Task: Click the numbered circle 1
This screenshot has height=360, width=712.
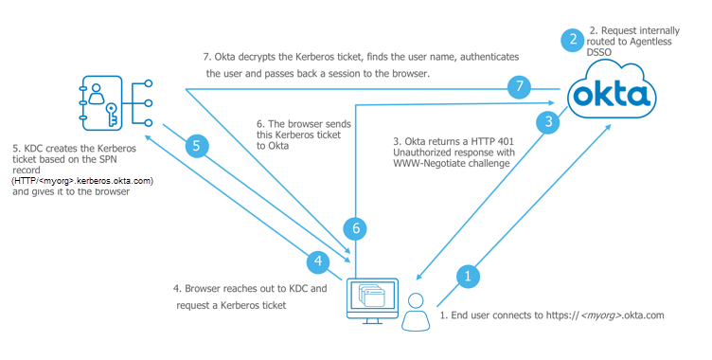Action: [468, 276]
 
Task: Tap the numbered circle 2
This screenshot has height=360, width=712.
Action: [573, 40]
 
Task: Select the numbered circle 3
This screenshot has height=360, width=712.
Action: [548, 121]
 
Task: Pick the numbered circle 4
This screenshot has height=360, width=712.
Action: [318, 261]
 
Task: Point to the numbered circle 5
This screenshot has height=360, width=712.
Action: [197, 146]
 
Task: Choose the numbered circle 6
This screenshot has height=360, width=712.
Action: [356, 227]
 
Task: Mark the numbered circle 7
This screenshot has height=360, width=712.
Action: [519, 85]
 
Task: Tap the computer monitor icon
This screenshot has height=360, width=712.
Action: [372, 301]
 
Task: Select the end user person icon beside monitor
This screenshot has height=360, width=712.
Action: [416, 312]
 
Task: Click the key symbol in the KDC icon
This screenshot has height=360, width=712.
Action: [112, 114]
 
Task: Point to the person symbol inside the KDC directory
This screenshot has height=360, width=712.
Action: [97, 94]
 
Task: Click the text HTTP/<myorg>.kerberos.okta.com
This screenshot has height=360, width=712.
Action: [82, 181]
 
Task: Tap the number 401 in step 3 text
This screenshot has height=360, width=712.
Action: [505, 141]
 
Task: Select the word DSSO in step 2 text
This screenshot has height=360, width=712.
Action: [599, 52]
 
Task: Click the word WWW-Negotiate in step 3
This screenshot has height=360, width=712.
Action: [423, 163]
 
